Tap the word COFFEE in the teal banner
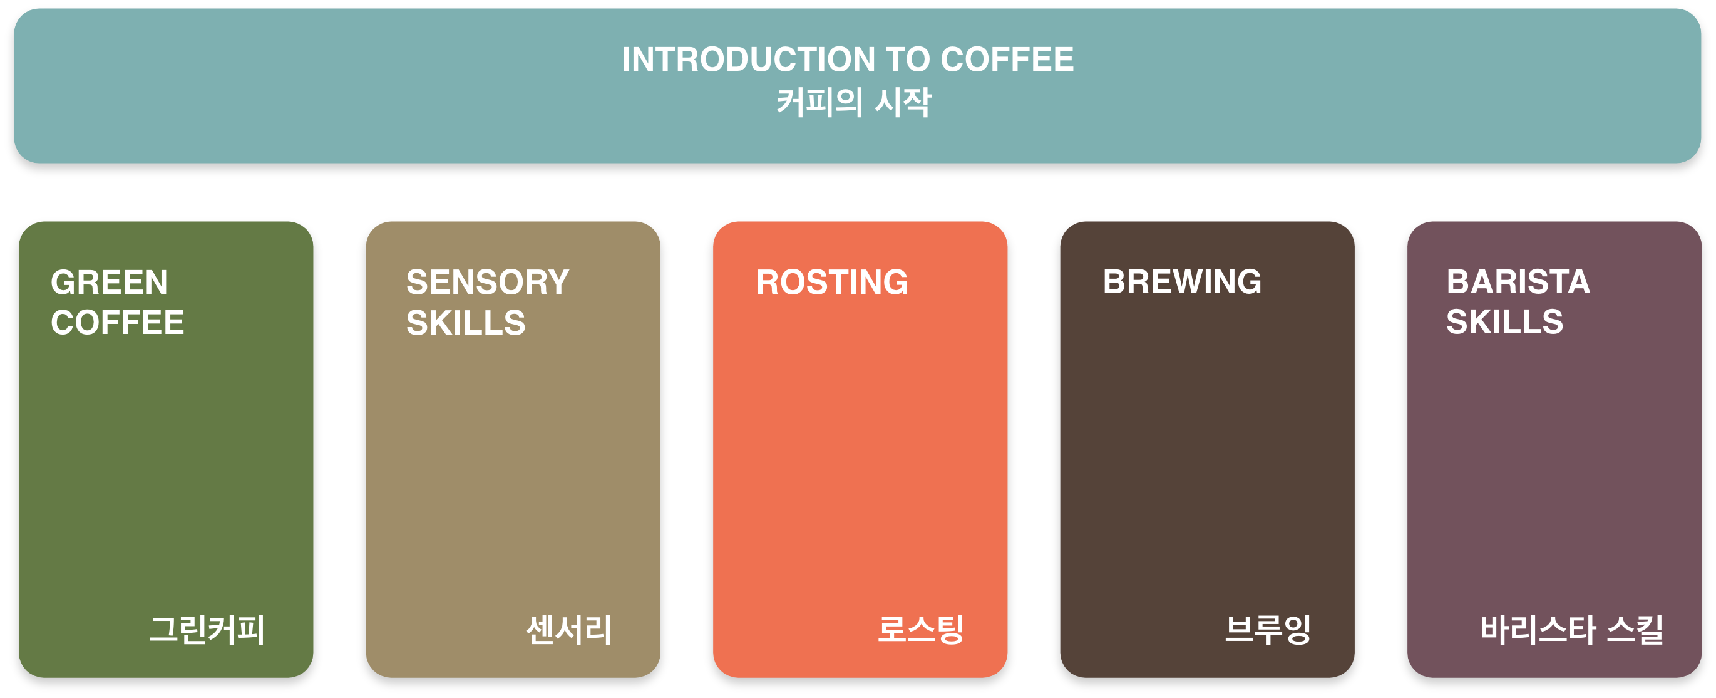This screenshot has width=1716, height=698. point(1007,60)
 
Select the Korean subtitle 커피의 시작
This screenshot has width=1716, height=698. point(853,103)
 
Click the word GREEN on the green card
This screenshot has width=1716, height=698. point(110,282)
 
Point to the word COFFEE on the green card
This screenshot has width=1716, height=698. point(117,323)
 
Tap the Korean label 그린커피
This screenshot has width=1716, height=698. point(207,629)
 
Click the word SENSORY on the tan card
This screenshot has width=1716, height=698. point(488,282)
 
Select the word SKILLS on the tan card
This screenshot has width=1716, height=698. point(466,323)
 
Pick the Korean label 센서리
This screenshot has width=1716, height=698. point(569,629)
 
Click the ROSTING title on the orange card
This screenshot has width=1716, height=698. point(831,282)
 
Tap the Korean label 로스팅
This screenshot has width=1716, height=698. point(921,629)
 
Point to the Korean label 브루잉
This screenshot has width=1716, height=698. point(1268,629)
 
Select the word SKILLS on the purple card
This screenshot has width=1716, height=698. point(1505,322)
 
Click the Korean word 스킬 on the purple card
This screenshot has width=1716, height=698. point(1635,629)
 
